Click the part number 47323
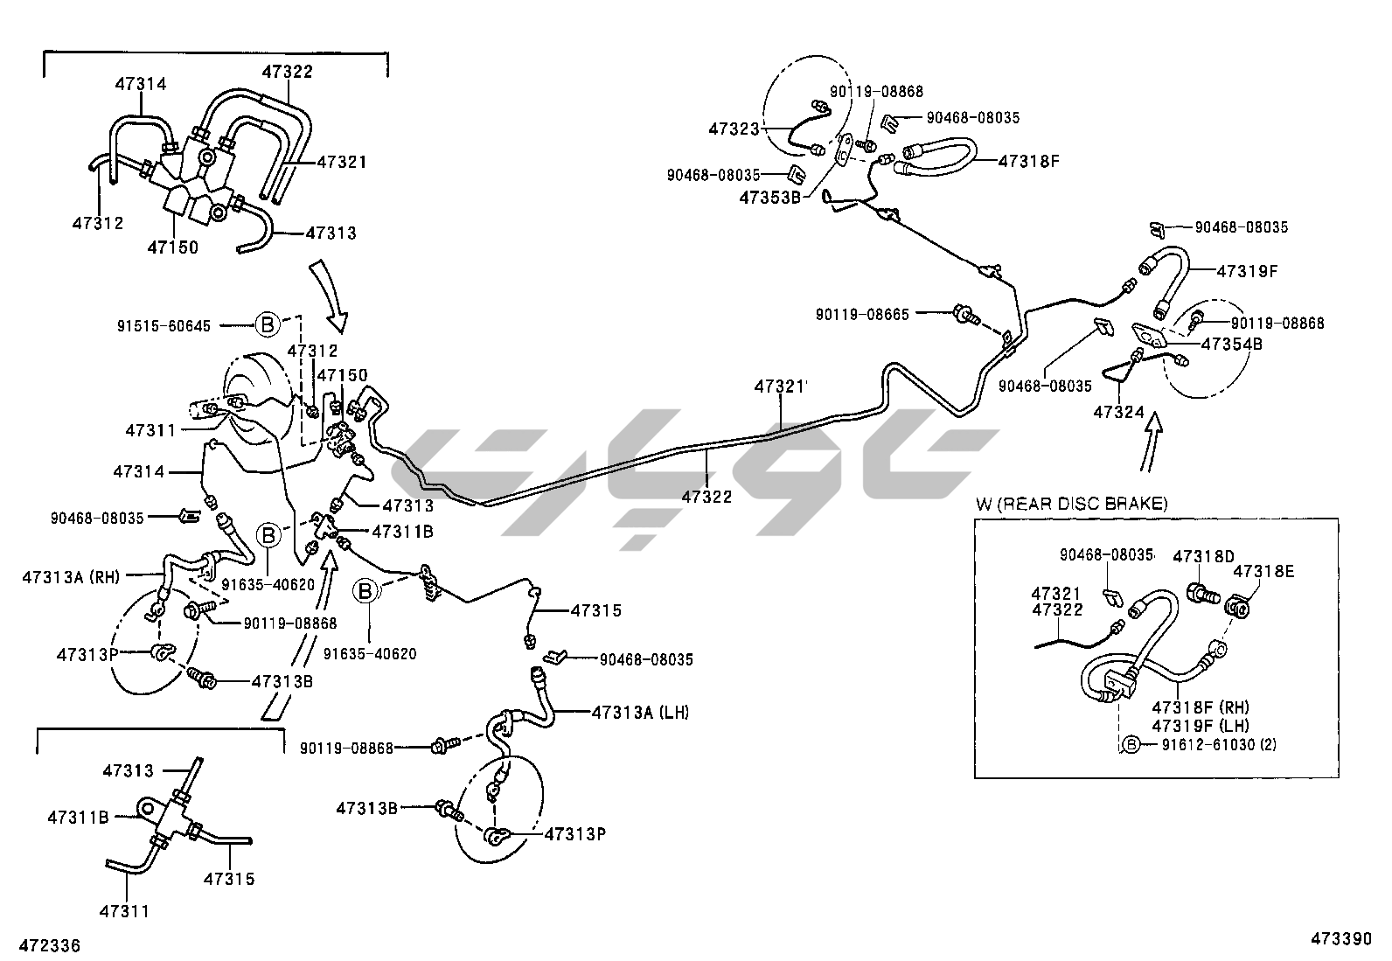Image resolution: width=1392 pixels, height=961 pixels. pyautogui.click(x=734, y=129)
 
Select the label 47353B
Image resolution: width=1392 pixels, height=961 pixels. pyautogui.click(x=770, y=198)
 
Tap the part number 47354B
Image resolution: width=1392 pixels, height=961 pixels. pyautogui.click(x=1232, y=344)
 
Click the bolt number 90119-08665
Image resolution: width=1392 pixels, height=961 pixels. pyautogui.click(x=863, y=314)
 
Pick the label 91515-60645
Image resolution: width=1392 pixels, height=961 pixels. pyautogui.click(x=164, y=326)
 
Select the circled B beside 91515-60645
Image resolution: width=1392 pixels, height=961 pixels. pyautogui.click(x=268, y=325)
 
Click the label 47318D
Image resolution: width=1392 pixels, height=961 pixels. pyautogui.click(x=1203, y=556)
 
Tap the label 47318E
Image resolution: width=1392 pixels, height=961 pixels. pyautogui.click(x=1264, y=571)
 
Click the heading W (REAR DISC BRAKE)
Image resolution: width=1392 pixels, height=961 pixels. pyautogui.click(x=1071, y=503)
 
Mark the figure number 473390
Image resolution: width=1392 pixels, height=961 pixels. pyautogui.click(x=1340, y=939)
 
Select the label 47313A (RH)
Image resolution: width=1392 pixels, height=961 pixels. pyautogui.click(x=71, y=576)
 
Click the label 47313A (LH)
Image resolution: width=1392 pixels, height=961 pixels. pyautogui.click(x=640, y=712)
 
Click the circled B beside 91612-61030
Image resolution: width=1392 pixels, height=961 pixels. pyautogui.click(x=1131, y=744)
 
